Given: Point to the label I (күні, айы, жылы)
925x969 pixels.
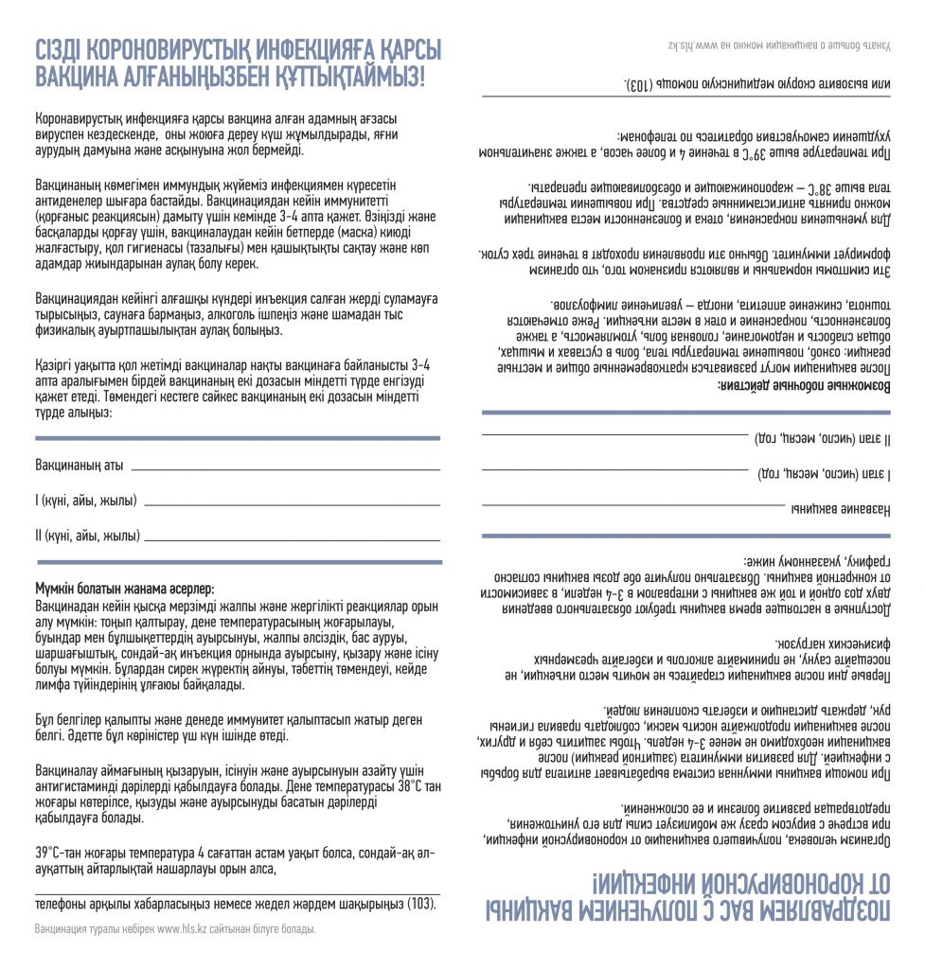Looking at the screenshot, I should pos(85,501).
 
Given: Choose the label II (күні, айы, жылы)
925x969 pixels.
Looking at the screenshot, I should pos(87,536).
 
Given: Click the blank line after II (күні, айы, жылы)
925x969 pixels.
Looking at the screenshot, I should pos(294,538).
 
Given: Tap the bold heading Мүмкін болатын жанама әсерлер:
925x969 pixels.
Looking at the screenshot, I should pos(124,589).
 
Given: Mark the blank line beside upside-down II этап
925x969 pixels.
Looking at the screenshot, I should pos(614,434).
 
